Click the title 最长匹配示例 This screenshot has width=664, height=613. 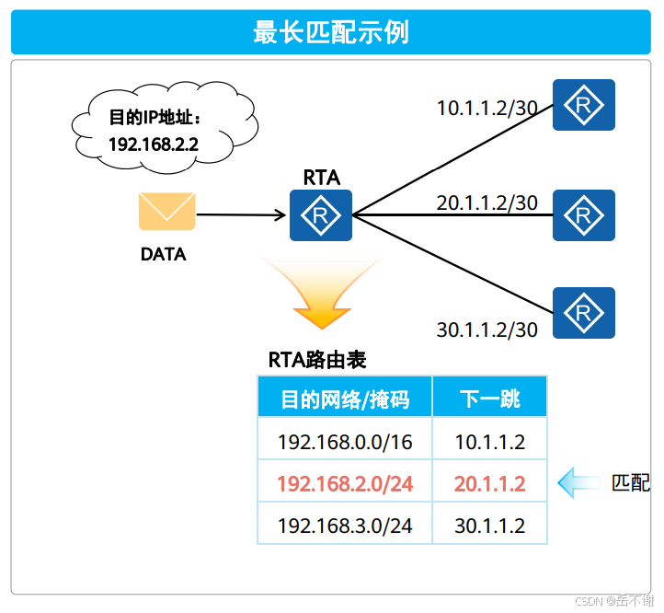point(331,33)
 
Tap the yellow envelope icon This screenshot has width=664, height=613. point(166,211)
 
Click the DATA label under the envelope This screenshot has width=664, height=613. point(164,254)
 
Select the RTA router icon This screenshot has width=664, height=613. point(321,216)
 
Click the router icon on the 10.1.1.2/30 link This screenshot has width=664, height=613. point(583,105)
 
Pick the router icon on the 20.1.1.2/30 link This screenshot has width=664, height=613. point(583,216)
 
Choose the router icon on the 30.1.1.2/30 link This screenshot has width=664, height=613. point(583,313)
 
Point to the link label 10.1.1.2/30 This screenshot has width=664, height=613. point(487,108)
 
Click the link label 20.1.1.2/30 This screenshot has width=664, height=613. point(487,202)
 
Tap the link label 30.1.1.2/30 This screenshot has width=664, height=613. point(487,330)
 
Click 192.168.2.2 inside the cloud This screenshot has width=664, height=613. point(154,144)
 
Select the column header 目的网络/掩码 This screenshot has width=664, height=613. point(344,399)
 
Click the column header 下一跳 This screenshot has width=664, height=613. point(489,399)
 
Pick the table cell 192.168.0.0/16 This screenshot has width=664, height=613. point(344,442)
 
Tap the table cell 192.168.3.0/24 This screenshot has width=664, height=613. point(344,526)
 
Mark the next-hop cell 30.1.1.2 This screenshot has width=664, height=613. point(489,526)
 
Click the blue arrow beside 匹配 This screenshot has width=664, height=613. point(578,481)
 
